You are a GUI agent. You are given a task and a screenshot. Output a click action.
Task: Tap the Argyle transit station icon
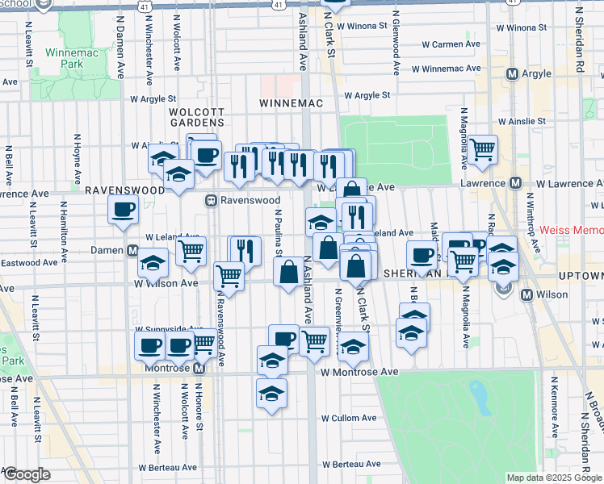point(511,74)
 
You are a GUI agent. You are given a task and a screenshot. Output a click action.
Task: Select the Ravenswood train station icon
point(210,200)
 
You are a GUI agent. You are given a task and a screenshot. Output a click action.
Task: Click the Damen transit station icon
point(131,251)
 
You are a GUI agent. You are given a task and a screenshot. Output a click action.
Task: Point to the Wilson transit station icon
point(527,295)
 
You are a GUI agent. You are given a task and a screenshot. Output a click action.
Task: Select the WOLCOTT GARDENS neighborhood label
point(195,118)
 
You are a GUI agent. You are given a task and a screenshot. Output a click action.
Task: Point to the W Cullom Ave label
point(349,419)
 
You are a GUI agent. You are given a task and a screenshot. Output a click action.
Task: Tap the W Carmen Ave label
point(456,44)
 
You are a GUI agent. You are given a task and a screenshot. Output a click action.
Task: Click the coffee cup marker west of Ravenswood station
point(124,211)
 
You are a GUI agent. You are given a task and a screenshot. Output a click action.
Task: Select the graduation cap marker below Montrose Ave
point(271,394)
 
